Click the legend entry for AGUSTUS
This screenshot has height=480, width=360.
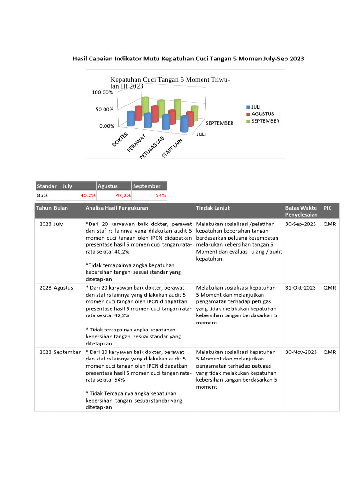pos(262,114)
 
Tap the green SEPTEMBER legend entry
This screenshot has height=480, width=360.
pos(264,121)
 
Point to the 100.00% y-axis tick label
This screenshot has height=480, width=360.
pos(102,92)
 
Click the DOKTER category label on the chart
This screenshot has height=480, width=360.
pos(120,139)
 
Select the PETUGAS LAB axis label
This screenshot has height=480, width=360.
pos(151,149)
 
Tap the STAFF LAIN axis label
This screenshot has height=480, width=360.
pos(172,147)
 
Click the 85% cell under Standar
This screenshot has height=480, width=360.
pos(43,195)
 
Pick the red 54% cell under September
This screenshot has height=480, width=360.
pos(161,195)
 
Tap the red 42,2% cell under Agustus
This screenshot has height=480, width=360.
pos(123,195)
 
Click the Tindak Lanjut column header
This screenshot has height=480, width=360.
pos(213,208)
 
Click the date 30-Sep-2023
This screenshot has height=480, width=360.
pos(300,224)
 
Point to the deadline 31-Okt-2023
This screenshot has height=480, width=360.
pos(300,288)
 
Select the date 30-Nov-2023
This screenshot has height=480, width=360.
pos(301,352)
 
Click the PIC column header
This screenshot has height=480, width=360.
pos(327,207)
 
